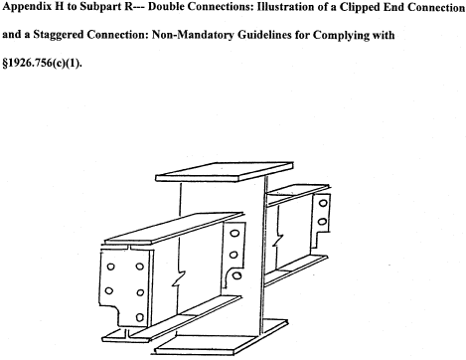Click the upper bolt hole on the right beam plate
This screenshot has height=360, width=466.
[323, 202]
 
